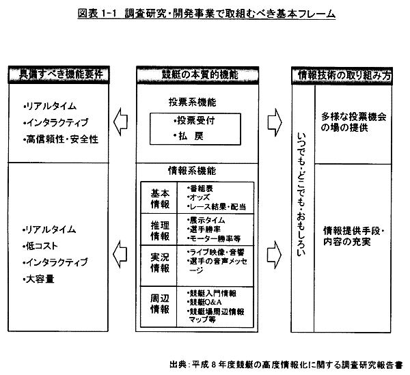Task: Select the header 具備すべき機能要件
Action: coord(59,75)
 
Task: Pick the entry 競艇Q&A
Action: coord(204,302)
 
